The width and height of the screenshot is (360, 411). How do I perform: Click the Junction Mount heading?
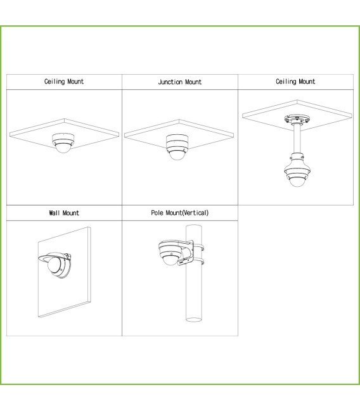tap(180, 82)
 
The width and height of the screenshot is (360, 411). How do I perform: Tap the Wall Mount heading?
tap(64, 213)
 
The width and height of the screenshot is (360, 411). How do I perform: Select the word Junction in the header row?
tap(170, 82)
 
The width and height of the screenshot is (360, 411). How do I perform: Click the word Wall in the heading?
tap(55, 213)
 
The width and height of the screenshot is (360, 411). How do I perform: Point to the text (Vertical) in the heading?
tap(195, 213)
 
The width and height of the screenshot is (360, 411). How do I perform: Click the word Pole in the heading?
tap(157, 213)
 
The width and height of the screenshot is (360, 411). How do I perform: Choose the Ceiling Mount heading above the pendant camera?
tap(295, 82)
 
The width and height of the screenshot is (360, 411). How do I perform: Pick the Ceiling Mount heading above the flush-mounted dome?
tap(64, 82)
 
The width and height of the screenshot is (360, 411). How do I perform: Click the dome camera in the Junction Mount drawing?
tap(177, 153)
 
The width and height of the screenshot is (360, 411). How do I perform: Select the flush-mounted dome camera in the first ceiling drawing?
tap(63, 143)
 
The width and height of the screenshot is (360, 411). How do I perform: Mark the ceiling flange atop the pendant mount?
tap(297, 119)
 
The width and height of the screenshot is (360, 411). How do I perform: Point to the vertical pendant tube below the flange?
tap(297, 139)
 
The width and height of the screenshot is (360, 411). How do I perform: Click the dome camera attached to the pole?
tap(171, 253)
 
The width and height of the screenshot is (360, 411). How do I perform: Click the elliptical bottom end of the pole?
tap(194, 320)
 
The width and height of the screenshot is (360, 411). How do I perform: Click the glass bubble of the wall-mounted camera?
tap(53, 265)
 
